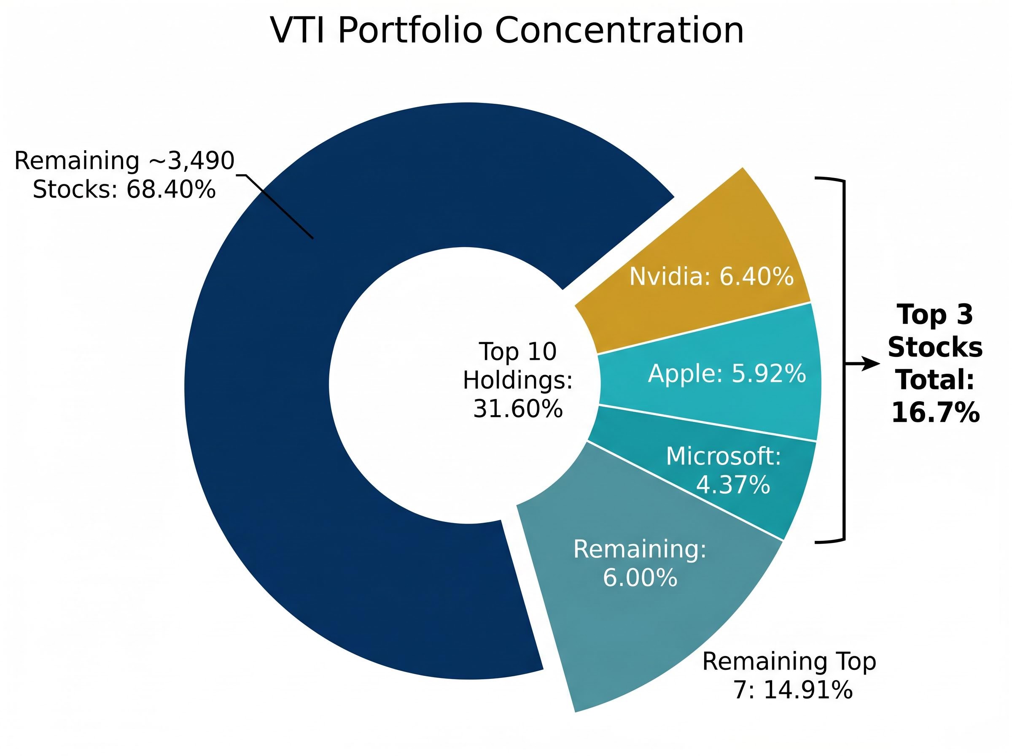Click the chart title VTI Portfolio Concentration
pos(507,31)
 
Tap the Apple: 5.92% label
pos(727,373)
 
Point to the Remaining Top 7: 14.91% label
pos(789,675)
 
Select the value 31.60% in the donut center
pos(517,409)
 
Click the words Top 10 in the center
pos(517,351)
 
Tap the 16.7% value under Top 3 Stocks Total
pos(935,412)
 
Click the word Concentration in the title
pos(619,31)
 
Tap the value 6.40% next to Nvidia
pos(756,276)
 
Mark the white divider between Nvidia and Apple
pos(704,328)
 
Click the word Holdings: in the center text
pos(517,380)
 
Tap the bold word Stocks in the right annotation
pos(935,347)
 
